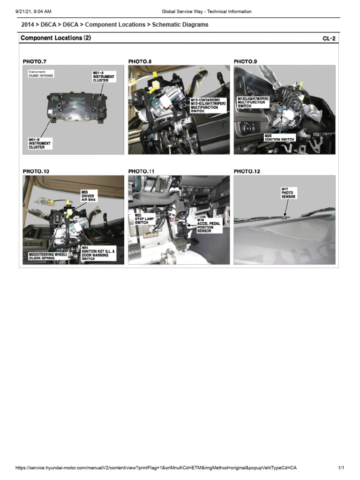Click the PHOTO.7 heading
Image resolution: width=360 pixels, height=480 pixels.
[35, 61]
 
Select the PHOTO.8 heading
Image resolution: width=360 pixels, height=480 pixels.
[140, 61]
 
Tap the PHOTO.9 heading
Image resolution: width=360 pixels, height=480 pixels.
[245, 61]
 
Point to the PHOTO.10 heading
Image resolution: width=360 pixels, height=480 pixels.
[36, 172]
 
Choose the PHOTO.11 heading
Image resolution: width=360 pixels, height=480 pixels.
[141, 172]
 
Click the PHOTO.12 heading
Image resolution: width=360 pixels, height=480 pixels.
[247, 172]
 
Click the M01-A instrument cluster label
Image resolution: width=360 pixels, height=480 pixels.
[104, 76]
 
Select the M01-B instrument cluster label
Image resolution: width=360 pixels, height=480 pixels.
[39, 143]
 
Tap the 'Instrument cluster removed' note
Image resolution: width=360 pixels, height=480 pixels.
[40, 74]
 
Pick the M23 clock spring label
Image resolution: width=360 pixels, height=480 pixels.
[45, 256]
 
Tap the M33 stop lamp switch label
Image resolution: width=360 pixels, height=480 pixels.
[142, 218]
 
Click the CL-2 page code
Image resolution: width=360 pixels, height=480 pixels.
[329, 39]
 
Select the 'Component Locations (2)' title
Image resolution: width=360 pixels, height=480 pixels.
[56, 38]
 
